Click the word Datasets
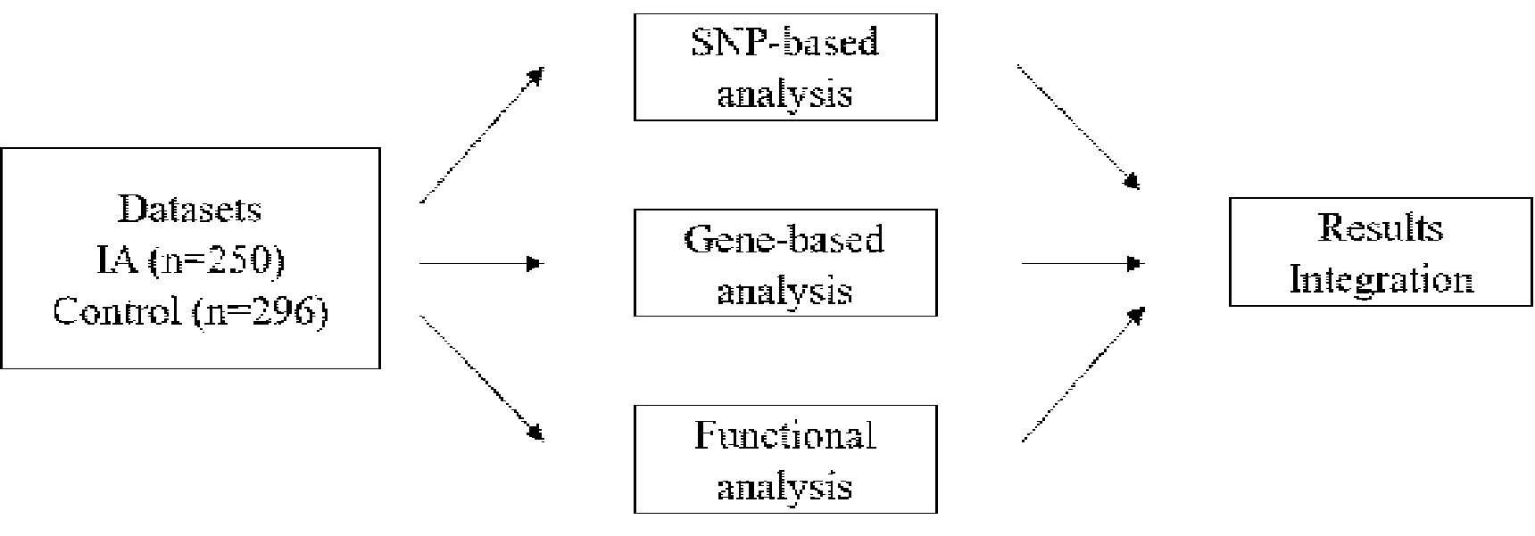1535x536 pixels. [190, 210]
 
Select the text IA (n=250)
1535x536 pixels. [190, 261]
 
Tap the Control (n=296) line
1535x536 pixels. [190, 312]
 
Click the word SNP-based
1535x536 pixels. [785, 42]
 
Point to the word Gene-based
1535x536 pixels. [784, 239]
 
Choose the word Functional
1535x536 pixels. [785, 435]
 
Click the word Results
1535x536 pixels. [1381, 227]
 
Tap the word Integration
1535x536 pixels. [1381, 280]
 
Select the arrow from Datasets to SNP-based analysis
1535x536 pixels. [482, 136]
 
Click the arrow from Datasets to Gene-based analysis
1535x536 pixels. [482, 264]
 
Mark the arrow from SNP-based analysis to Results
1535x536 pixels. [1080, 128]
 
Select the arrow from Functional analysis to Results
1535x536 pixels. [1083, 375]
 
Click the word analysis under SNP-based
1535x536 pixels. [785, 95]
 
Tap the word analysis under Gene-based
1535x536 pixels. [785, 292]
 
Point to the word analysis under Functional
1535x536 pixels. [785, 487]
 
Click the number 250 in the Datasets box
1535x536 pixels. [241, 261]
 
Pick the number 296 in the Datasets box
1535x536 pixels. [285, 312]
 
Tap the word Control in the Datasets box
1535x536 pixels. [117, 312]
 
